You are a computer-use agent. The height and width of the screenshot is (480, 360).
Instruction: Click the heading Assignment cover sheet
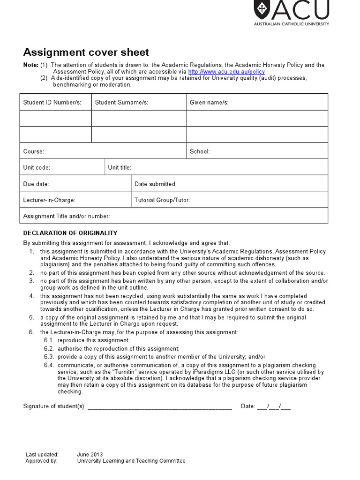click(x=86, y=52)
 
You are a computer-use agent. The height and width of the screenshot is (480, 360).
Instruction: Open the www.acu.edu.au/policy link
click(x=226, y=72)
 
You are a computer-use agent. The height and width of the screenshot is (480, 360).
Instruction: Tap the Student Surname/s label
click(x=121, y=102)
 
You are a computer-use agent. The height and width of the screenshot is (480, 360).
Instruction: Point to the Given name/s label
click(x=209, y=102)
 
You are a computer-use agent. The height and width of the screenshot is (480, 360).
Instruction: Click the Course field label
click(x=34, y=151)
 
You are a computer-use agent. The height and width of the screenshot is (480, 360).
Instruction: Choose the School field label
click(x=200, y=151)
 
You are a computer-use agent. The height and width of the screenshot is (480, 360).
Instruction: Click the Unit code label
click(x=37, y=167)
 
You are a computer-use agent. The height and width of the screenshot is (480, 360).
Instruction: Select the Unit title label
click(x=120, y=167)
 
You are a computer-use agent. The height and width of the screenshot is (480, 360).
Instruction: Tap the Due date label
click(x=36, y=184)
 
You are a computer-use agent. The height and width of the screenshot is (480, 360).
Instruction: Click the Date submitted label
click(x=155, y=184)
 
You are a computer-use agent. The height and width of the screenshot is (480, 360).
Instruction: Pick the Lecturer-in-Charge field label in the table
click(x=49, y=200)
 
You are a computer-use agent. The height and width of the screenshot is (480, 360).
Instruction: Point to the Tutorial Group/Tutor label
click(x=162, y=200)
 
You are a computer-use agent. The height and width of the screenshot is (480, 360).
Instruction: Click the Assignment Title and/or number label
click(x=67, y=216)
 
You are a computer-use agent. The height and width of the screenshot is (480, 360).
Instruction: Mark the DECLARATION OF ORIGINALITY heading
click(x=70, y=233)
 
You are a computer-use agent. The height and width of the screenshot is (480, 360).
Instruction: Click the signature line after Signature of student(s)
click(x=159, y=407)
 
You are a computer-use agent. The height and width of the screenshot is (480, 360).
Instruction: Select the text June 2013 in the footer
click(x=90, y=454)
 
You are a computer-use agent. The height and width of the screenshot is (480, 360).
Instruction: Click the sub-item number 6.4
click(x=49, y=365)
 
